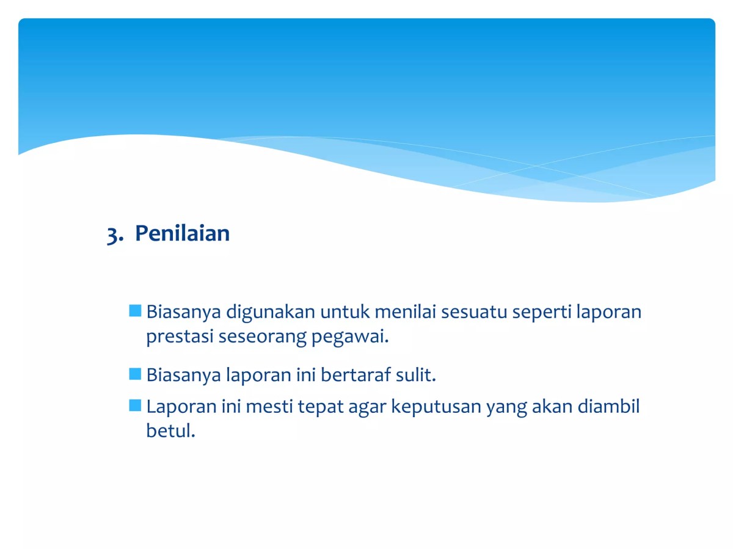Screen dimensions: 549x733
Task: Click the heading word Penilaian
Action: tap(182, 234)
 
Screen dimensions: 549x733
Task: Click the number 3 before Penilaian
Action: tap(112, 235)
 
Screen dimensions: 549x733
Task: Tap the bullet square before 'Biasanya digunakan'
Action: tap(135, 311)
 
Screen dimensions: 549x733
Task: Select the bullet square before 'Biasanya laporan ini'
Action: tap(135, 374)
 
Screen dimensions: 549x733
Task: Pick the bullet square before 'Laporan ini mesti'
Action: tap(135, 405)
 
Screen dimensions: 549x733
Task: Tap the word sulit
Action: tap(415, 375)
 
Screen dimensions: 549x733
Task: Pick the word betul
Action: tap(170, 431)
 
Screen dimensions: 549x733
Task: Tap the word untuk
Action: tap(345, 312)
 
